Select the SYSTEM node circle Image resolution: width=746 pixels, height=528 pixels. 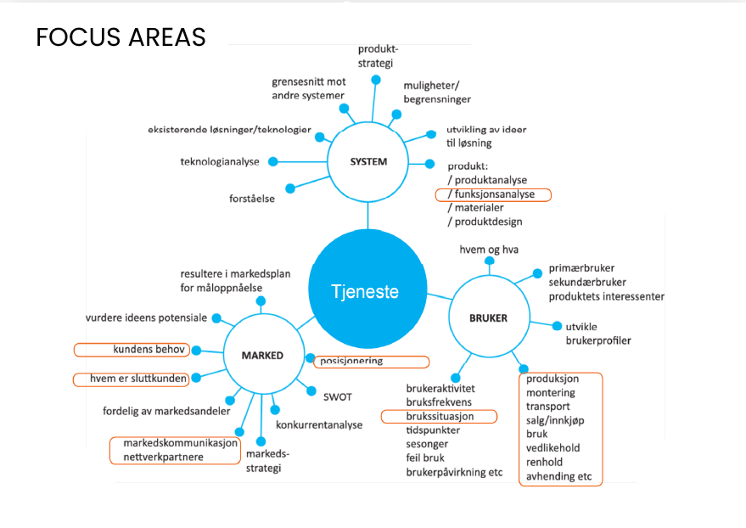coord(368,161)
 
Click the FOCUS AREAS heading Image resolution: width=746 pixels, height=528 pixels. coord(121,37)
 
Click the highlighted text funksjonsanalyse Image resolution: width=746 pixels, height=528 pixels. coord(495,194)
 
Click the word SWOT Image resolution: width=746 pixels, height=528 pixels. coord(337,396)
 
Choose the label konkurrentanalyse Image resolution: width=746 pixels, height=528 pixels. coord(319,424)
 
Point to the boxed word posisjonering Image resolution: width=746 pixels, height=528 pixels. coord(351,361)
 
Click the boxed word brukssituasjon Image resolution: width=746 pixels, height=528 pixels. coord(440,416)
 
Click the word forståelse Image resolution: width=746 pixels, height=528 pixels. coord(252,199)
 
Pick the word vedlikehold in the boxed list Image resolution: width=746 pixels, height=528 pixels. coord(554,448)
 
